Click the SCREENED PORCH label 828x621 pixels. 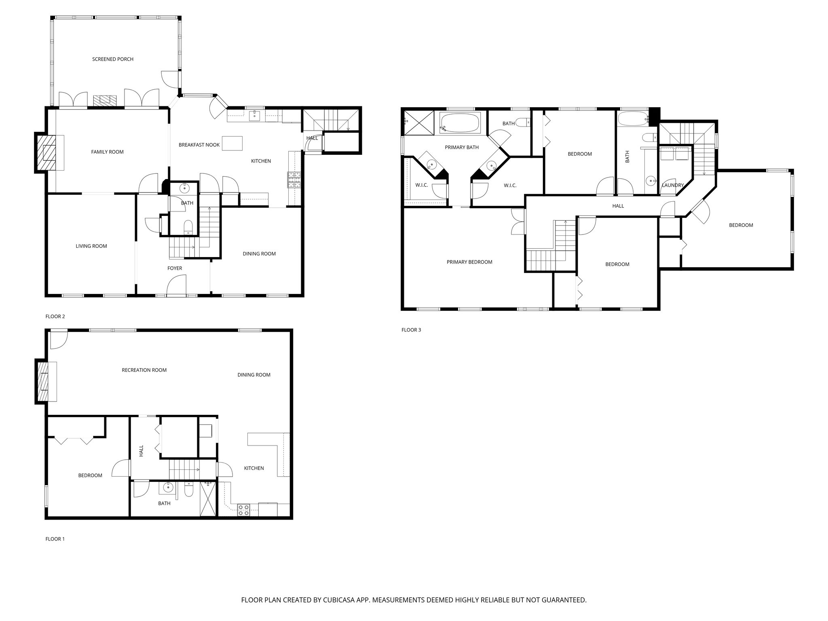click(112, 59)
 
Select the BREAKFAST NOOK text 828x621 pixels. click(199, 145)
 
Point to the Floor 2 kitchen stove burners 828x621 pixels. click(294, 180)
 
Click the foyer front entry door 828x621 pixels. click(176, 285)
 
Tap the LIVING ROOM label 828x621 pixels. click(91, 246)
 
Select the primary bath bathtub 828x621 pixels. click(460, 123)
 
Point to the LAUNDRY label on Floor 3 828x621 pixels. click(672, 186)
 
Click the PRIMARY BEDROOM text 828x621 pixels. click(469, 262)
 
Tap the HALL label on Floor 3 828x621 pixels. click(618, 206)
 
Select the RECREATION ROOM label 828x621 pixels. click(144, 370)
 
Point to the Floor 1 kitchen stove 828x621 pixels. click(244, 510)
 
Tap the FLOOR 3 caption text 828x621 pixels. click(411, 330)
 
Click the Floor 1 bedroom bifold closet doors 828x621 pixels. click(74, 440)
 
